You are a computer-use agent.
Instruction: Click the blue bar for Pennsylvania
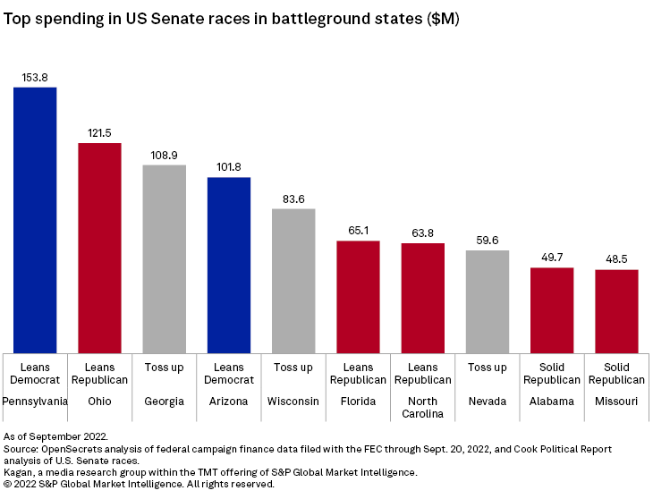tap(35, 220)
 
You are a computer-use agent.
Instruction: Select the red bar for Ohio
tap(99, 248)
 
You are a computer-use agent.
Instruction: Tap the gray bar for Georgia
tap(165, 259)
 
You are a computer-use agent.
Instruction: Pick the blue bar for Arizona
tap(229, 265)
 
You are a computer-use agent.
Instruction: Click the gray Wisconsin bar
tap(293, 281)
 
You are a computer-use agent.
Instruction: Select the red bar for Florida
tap(358, 297)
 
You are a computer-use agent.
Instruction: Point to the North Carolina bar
tap(423, 298)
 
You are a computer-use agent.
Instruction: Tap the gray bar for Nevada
tap(488, 301)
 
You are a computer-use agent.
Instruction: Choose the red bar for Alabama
tap(552, 310)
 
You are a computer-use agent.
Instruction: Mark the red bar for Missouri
tap(616, 311)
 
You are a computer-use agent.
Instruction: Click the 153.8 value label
tap(35, 78)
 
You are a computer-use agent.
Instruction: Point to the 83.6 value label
tap(293, 199)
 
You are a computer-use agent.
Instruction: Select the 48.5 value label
tap(616, 259)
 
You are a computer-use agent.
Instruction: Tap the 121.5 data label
tap(99, 133)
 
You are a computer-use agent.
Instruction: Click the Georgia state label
tap(165, 402)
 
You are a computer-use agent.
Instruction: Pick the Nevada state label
tap(488, 402)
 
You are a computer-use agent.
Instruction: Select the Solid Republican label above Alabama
tap(552, 374)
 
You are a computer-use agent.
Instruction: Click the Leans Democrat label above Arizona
tap(229, 374)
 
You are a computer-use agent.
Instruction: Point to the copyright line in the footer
tap(139, 484)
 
